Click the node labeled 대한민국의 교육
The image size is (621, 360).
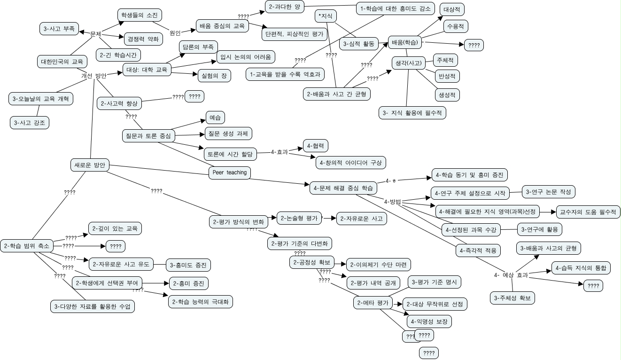point(62,62)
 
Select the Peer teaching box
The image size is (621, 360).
point(229,172)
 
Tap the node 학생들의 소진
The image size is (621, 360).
point(139,15)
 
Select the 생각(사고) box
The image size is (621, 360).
point(408,62)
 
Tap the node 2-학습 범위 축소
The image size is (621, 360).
point(26,245)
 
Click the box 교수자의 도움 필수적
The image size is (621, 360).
point(588,211)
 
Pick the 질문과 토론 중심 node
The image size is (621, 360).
point(148,136)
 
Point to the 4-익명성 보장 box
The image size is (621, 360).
point(429,321)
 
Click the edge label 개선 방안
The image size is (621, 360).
point(93,76)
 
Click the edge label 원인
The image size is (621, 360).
point(175,33)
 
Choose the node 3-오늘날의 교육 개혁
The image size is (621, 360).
point(41,99)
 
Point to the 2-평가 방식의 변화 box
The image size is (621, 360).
point(238,221)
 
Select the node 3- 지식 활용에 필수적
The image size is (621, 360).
point(412,113)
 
